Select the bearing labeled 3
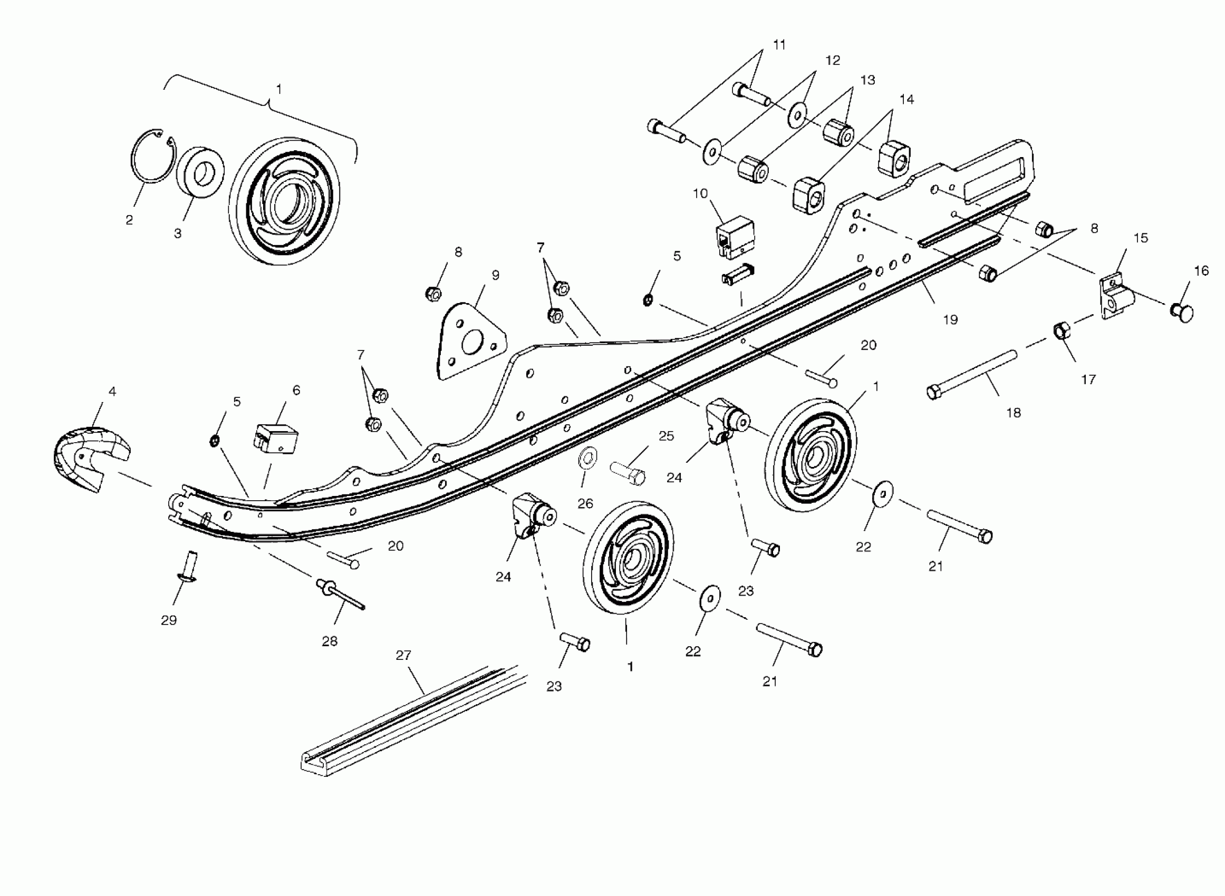(x=200, y=172)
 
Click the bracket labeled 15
(x=1115, y=298)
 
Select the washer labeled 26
(x=586, y=458)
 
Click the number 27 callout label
(x=403, y=656)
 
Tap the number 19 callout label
(x=950, y=320)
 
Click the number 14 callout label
(x=906, y=99)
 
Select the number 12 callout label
(x=833, y=60)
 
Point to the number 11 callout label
(x=779, y=44)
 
